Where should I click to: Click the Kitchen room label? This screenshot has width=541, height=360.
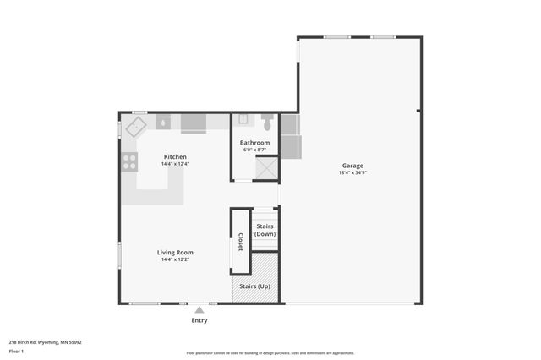(x=175, y=157)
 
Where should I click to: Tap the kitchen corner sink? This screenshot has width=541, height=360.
(x=135, y=127)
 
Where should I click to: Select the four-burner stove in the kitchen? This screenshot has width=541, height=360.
(x=129, y=161)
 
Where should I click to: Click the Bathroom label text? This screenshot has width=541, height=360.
(x=254, y=143)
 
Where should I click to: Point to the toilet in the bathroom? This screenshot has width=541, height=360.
(x=268, y=121)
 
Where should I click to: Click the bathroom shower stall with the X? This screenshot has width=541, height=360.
(x=267, y=168)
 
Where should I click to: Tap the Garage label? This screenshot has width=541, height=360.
(x=353, y=166)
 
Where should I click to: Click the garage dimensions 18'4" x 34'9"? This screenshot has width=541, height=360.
(x=353, y=172)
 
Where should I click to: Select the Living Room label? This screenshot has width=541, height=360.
(x=175, y=252)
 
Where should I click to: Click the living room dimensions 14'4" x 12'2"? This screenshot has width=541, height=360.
(x=175, y=259)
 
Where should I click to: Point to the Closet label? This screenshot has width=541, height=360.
(x=240, y=243)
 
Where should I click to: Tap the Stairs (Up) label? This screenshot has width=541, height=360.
(x=255, y=286)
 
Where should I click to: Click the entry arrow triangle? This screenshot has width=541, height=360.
(x=199, y=310)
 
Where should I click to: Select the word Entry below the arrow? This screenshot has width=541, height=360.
(x=199, y=320)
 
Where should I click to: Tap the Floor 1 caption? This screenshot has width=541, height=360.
(x=16, y=351)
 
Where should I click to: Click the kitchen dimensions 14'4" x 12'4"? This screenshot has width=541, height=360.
(x=175, y=164)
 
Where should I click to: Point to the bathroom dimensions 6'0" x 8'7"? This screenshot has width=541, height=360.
(x=254, y=150)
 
